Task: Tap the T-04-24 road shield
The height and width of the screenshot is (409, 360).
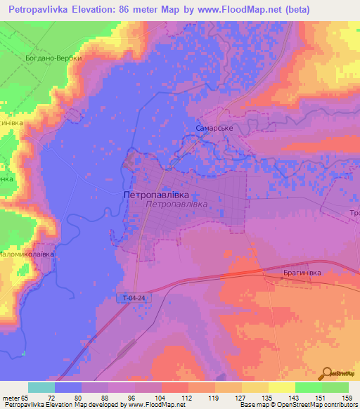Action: tap(131, 298)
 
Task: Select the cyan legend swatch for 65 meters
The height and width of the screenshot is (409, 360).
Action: tap(41, 387)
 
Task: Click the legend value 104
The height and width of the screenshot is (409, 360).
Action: tap(160, 398)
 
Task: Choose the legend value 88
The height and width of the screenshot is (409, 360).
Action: tap(105, 398)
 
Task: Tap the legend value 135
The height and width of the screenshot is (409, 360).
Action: tap(266, 398)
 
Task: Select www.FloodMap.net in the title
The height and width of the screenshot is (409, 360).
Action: tap(233, 10)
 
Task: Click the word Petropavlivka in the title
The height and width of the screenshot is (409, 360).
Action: tap(39, 10)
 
